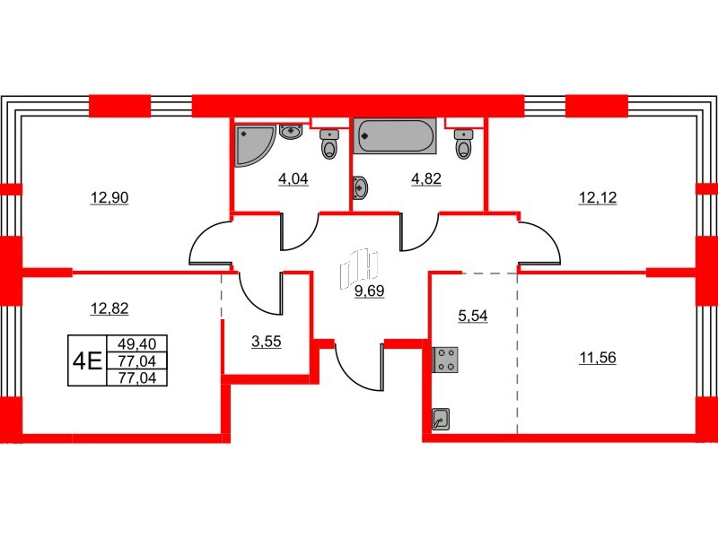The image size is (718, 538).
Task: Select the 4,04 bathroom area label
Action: point(293,178)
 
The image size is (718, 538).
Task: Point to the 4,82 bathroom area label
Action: point(426,178)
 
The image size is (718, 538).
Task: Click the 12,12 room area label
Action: point(595,198)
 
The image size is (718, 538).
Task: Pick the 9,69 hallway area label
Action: point(369,291)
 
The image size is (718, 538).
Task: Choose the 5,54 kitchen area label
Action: point(473,316)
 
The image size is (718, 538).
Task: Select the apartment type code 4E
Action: point(87,360)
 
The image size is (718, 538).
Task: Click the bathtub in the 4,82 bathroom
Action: point(396,136)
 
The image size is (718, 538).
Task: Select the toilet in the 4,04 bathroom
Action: point(329,143)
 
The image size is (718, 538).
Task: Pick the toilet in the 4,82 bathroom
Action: point(463,143)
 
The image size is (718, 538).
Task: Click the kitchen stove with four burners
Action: point(444,360)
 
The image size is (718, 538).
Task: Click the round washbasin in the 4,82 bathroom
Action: point(361,188)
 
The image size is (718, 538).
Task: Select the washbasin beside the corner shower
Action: point(291,134)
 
